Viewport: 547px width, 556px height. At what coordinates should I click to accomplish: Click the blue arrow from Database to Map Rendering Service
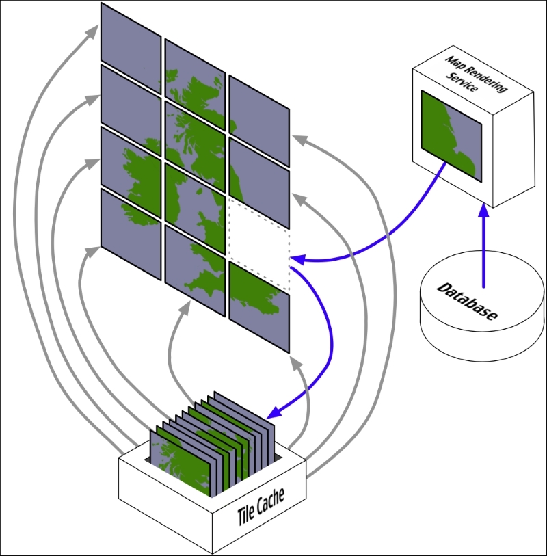(484, 246)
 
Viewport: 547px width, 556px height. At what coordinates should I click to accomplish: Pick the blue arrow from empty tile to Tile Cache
(327, 342)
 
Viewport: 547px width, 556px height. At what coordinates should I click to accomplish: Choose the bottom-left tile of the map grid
(131, 233)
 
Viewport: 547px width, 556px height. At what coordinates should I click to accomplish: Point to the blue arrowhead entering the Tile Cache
(273, 412)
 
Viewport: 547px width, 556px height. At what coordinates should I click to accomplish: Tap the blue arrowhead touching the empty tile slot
(297, 260)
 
